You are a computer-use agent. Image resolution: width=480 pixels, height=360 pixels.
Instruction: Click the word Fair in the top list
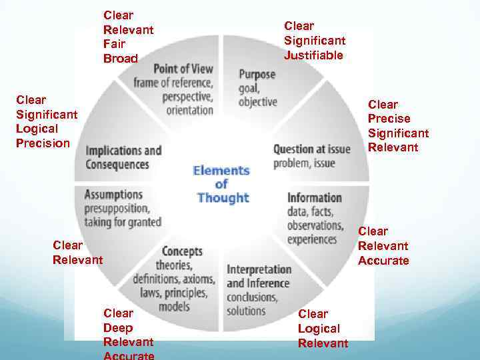click(113, 44)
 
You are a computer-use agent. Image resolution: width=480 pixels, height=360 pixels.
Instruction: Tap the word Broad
click(120, 59)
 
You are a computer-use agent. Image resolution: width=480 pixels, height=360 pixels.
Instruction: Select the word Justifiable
click(313, 55)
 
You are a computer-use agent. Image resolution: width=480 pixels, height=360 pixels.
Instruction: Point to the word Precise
click(389, 119)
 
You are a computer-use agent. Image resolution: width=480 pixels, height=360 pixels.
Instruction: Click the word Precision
click(43, 143)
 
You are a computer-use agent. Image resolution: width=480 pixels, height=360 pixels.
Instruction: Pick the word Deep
click(117, 327)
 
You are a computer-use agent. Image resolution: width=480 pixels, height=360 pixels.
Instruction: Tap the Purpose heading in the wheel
click(257, 74)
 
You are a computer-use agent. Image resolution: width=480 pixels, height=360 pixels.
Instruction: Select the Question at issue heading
click(311, 149)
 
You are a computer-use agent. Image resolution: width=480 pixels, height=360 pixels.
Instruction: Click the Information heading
click(314, 197)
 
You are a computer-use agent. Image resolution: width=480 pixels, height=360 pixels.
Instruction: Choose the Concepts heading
click(182, 251)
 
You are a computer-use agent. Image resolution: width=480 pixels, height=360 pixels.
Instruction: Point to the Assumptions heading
click(113, 195)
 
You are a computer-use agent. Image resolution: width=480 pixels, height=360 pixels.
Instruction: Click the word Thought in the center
click(223, 198)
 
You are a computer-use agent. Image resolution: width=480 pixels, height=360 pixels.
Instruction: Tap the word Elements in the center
click(221, 170)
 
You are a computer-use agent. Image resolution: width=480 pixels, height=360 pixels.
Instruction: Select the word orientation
click(190, 109)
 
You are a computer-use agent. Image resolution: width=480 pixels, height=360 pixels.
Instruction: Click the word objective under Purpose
click(257, 101)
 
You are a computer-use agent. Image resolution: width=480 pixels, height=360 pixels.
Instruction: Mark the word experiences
click(312, 239)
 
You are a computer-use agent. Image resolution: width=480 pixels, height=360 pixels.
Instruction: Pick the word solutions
click(246, 311)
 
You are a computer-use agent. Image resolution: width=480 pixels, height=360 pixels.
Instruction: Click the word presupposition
click(117, 209)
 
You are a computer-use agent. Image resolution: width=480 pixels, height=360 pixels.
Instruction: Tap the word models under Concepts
click(174, 307)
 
